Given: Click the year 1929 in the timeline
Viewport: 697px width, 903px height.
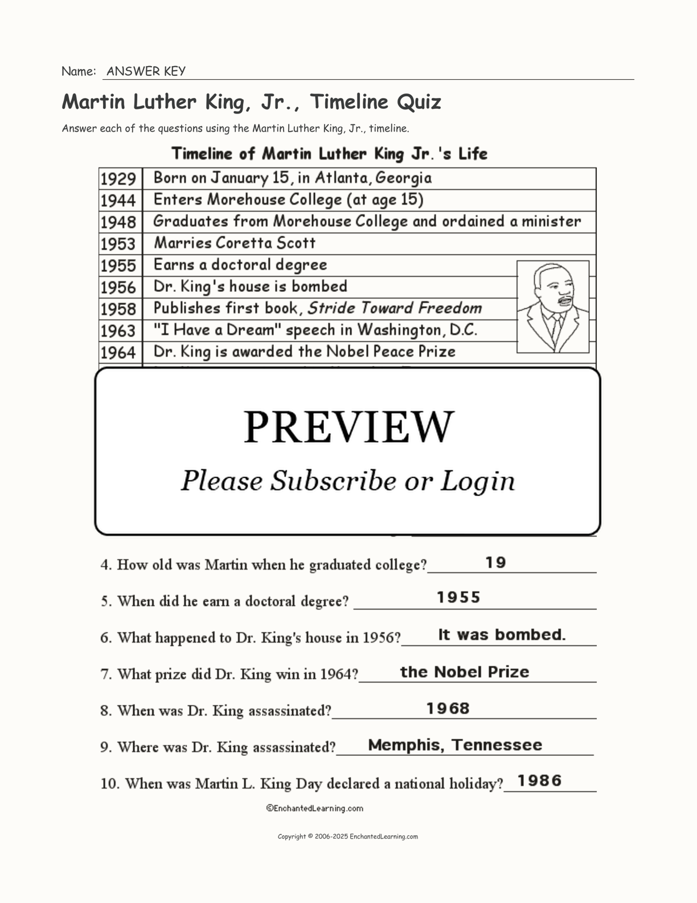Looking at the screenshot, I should pos(118,179).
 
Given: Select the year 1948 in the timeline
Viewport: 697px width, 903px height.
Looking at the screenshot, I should pos(118,222).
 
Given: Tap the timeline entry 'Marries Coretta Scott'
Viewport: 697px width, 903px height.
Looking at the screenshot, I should pos(235,243).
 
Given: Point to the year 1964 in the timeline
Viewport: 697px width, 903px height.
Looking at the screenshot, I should pos(118,352).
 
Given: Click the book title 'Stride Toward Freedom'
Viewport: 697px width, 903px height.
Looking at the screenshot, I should pos(395,308).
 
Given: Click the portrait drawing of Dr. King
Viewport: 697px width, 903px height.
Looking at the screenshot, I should pos(552,307).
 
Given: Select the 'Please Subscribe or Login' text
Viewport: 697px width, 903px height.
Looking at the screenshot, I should pos(348,481).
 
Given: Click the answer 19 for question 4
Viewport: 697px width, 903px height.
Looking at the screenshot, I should pos(495,563).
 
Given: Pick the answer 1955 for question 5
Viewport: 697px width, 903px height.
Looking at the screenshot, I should pos(458,597).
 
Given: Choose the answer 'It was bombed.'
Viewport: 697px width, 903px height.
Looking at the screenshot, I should pos(502,634).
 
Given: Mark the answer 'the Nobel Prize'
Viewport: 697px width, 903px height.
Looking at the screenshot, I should pos(465,672).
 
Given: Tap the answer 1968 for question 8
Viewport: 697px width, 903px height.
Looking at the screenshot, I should pos(448,709).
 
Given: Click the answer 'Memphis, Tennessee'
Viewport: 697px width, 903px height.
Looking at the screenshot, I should pos(455,745).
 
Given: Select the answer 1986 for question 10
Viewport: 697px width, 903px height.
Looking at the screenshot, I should pos(540,780).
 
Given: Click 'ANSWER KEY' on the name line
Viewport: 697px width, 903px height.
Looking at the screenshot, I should pos(146,71).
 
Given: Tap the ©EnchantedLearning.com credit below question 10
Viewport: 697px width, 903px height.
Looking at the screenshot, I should pos(314,808).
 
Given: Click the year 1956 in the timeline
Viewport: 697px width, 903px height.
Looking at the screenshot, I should pos(118,287).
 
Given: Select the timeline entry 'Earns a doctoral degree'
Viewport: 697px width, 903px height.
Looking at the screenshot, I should pos(240,265).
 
